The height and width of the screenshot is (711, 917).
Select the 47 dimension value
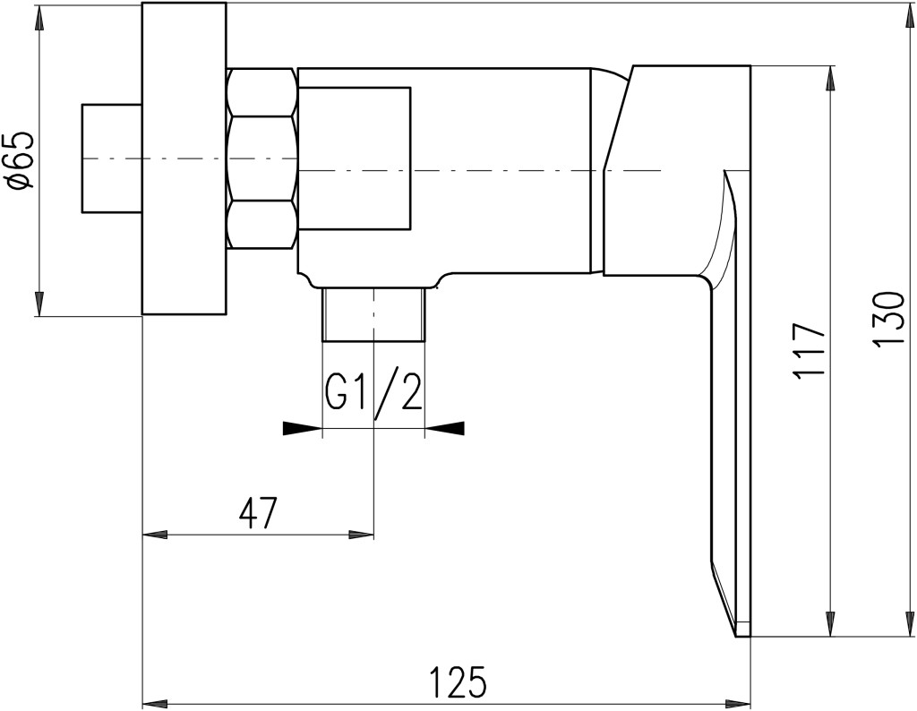(x=257, y=513)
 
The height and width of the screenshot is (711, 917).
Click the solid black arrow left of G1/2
(x=303, y=429)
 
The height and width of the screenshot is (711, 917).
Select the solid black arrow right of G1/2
(x=444, y=429)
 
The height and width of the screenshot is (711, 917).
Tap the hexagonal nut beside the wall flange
(x=261, y=158)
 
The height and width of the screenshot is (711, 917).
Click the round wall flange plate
(x=184, y=158)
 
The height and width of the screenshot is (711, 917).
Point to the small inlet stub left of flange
(x=112, y=158)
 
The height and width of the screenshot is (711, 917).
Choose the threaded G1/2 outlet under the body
(x=373, y=314)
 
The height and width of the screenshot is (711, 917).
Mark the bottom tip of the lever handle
(x=737, y=636)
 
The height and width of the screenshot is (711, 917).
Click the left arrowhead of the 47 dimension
(x=155, y=535)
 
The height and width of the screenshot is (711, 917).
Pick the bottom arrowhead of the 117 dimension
(x=829, y=623)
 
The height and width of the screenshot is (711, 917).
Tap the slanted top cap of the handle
(x=677, y=169)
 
